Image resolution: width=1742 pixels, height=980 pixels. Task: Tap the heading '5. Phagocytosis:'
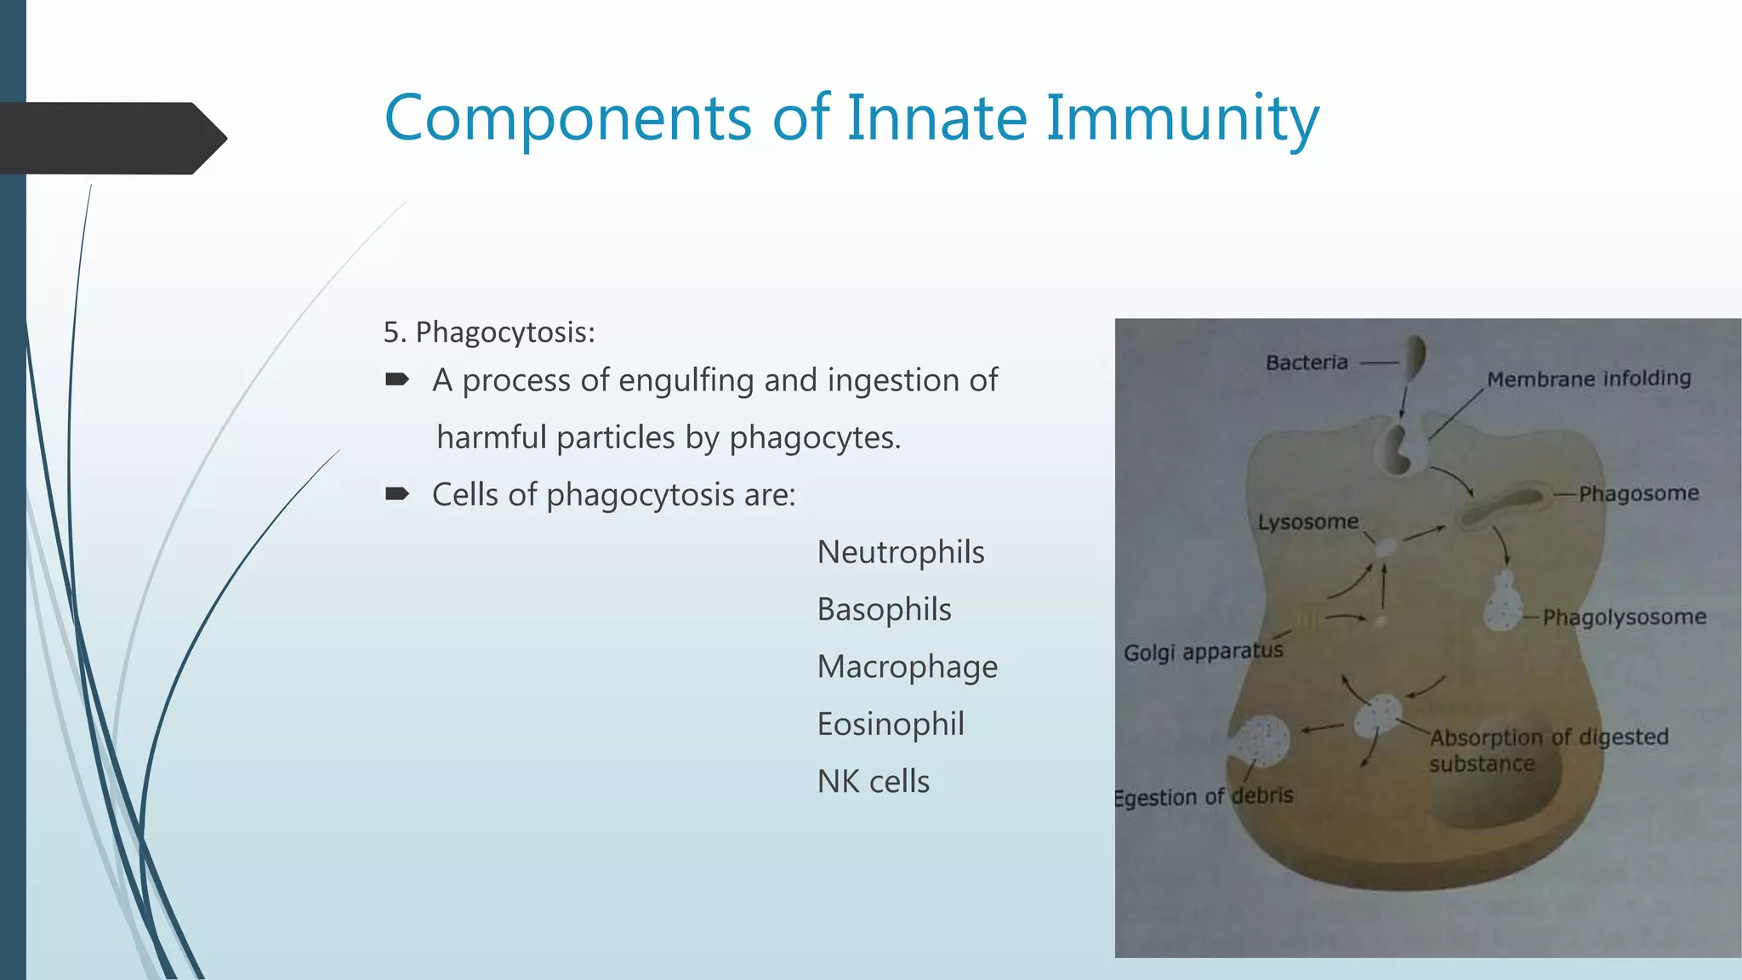(x=489, y=332)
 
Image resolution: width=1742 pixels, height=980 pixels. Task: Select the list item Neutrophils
(x=901, y=552)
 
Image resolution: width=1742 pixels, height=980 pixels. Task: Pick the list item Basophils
(x=884, y=609)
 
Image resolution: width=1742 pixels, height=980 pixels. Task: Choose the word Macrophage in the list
(x=907, y=667)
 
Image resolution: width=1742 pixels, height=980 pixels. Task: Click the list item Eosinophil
(x=891, y=724)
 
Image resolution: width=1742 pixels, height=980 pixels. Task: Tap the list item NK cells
(x=874, y=781)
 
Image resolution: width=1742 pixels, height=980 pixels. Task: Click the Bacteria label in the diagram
(x=1306, y=362)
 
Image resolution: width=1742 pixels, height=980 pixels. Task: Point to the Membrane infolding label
(x=1589, y=379)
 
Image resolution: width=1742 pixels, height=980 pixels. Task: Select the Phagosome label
(x=1638, y=493)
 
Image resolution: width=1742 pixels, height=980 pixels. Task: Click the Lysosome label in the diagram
(x=1308, y=521)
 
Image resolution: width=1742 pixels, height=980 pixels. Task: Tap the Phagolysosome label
(x=1624, y=617)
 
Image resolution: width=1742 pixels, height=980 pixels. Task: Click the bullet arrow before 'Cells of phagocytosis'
(x=397, y=494)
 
